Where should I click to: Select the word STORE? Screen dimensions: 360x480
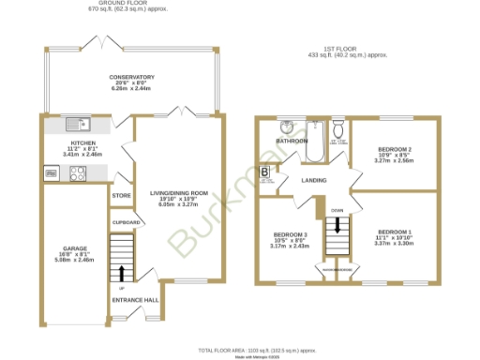[x=121, y=196]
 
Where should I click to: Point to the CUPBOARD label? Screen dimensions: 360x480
[x=126, y=222]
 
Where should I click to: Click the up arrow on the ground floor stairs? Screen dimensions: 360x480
[x=120, y=272]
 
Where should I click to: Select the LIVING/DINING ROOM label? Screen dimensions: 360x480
[x=177, y=193]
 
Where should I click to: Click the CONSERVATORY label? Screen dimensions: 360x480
[x=131, y=76]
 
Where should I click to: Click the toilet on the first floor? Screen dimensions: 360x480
[x=338, y=129]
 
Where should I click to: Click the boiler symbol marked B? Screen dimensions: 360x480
[x=265, y=172]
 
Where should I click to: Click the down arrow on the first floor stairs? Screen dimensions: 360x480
[x=336, y=226]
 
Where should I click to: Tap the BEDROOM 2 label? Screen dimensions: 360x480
[x=395, y=149]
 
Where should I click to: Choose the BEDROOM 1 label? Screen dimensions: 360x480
[x=395, y=232]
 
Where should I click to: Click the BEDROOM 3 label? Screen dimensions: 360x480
[x=290, y=234]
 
